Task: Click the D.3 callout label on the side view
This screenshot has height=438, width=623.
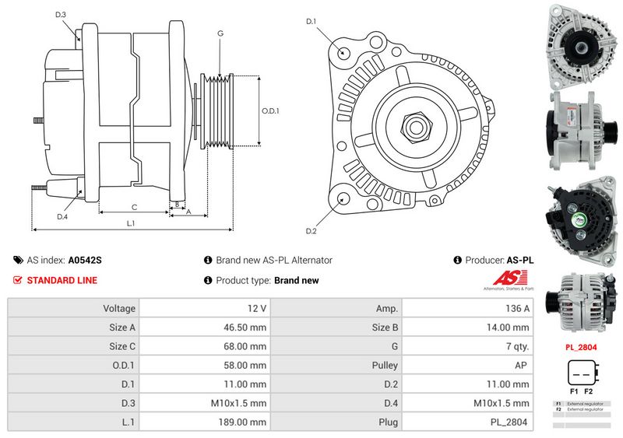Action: pos(61,15)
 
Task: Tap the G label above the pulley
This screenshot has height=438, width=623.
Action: pos(220,33)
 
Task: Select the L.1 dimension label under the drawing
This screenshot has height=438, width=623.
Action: pos(131,223)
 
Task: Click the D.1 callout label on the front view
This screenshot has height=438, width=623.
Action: pos(311,21)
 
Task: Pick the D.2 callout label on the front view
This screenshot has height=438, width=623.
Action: pos(311,231)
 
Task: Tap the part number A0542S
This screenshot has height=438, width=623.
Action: pos(85,261)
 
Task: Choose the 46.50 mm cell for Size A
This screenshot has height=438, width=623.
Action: pos(204,328)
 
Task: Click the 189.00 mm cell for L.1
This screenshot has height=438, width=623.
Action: pos(204,422)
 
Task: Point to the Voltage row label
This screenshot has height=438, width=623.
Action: pos(119,308)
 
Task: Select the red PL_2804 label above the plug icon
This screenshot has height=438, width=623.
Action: pos(580,348)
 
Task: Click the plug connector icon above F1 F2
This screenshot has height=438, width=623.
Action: pos(580,372)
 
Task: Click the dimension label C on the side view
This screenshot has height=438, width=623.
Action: pos(134,207)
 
